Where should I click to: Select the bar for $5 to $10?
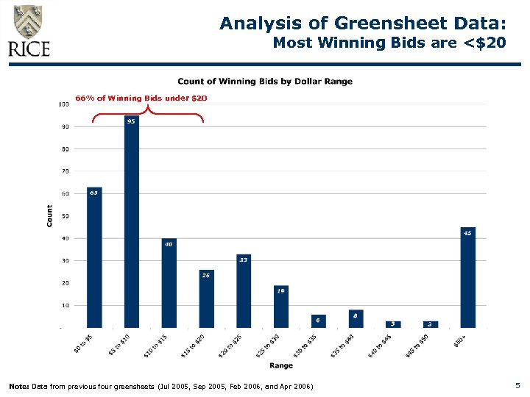pyautogui.click(x=132, y=221)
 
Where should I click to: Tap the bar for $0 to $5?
pyautogui.click(x=94, y=257)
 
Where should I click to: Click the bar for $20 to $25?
pyautogui.click(x=244, y=291)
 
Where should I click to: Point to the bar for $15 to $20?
pyautogui.click(x=206, y=298)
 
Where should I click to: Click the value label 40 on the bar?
pyautogui.click(x=169, y=243)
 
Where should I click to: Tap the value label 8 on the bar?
pyautogui.click(x=356, y=315)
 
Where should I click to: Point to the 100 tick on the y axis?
pyautogui.click(x=63, y=104)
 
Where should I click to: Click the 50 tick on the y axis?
pyautogui.click(x=65, y=216)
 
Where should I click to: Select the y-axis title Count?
pyautogui.click(x=50, y=215)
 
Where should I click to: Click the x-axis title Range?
pyautogui.click(x=280, y=365)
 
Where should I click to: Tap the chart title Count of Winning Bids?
pyautogui.click(x=265, y=82)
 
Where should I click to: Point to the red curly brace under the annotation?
pyautogui.click(x=148, y=111)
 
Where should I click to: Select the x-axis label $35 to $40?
pyautogui.click(x=344, y=346)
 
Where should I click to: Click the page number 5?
pyautogui.click(x=518, y=385)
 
